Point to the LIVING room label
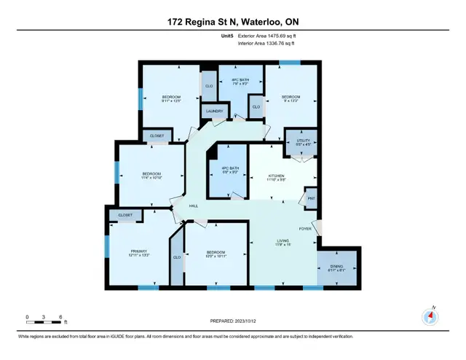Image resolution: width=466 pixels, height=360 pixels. click(283, 240)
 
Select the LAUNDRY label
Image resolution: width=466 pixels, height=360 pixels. click(214, 111)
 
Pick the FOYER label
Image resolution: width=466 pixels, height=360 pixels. click(304, 228)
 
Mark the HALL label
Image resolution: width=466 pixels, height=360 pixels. click(194, 206)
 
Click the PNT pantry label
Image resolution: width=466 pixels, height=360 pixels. click(311, 198)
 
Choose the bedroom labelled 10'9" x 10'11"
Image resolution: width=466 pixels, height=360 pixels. click(216, 254)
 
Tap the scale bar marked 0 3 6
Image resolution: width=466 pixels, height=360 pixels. click(44, 318)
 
